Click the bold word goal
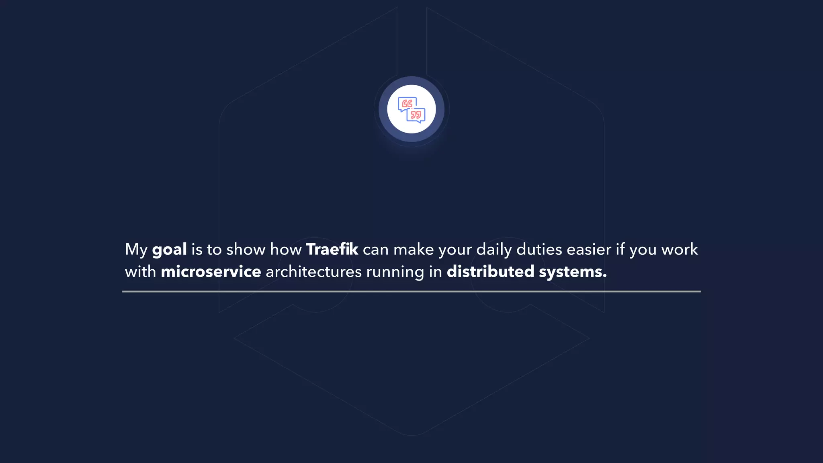pyautogui.click(x=169, y=250)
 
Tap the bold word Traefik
pyautogui.click(x=332, y=249)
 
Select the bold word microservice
pyautogui.click(x=211, y=272)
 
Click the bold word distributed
pyautogui.click(x=490, y=272)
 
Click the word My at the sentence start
pyautogui.click(x=136, y=250)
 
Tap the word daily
pyautogui.click(x=494, y=250)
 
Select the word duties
pyautogui.click(x=539, y=249)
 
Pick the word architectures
pyautogui.click(x=313, y=272)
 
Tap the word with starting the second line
pyautogui.click(x=140, y=272)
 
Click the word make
pyautogui.click(x=414, y=249)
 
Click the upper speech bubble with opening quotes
pyautogui.click(x=406, y=104)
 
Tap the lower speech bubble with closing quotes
pyautogui.click(x=416, y=115)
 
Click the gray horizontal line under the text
pyautogui.click(x=411, y=291)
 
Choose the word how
pyautogui.click(x=285, y=249)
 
